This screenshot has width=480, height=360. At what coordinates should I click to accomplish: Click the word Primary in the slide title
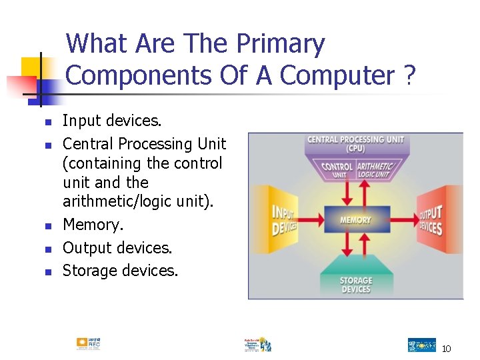tap(280, 44)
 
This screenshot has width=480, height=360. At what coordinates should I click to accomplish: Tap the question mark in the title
tap(408, 75)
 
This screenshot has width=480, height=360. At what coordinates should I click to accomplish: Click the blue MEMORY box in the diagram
tap(355, 219)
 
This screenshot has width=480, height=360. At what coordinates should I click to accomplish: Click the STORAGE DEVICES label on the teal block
tap(355, 285)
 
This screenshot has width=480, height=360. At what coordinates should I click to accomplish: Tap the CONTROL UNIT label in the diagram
tap(337, 170)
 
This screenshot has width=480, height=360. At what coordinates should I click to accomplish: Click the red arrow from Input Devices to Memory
tap(311, 220)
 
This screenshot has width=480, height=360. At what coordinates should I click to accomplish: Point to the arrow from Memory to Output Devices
tap(402, 220)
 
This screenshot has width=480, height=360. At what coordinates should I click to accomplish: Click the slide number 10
tap(446, 349)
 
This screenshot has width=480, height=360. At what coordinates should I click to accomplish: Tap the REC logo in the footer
tap(88, 343)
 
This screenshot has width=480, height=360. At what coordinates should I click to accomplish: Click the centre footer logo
tap(257, 344)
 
